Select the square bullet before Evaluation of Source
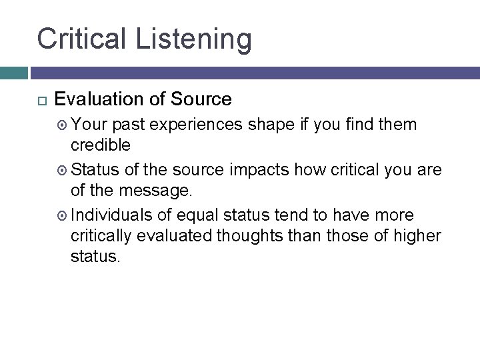coord(40,100)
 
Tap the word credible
coord(100,145)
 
